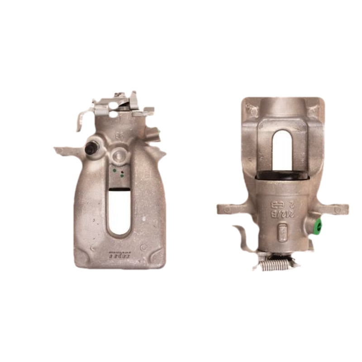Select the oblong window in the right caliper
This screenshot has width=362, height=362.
tap(283, 151)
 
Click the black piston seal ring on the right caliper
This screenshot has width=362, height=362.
tap(282, 176)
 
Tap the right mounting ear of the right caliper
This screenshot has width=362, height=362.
tap(338, 209)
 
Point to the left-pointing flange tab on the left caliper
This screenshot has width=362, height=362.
tap(64, 151)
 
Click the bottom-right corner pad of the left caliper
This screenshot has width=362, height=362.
tap(157, 258)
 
